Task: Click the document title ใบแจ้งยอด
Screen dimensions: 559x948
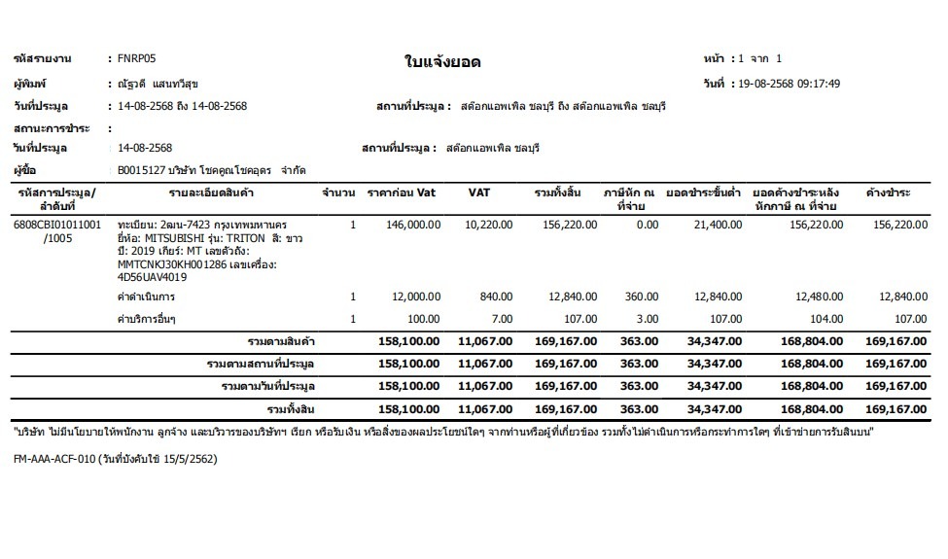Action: pyautogui.click(x=442, y=63)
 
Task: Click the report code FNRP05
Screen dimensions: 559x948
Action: pyautogui.click(x=136, y=58)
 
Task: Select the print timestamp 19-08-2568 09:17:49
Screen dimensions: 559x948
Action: pyautogui.click(x=790, y=84)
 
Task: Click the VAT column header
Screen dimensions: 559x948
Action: pyautogui.click(x=478, y=192)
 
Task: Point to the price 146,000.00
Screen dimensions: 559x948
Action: pyautogui.click(x=413, y=224)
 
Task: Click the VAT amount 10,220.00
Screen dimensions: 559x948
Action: pyautogui.click(x=490, y=224)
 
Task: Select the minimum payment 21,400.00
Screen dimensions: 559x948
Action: pyautogui.click(x=717, y=224)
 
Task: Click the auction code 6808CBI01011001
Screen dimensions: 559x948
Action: pyautogui.click(x=57, y=224)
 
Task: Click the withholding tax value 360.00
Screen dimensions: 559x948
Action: pyautogui.click(x=642, y=297)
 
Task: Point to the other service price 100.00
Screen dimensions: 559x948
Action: pyautogui.click(x=424, y=319)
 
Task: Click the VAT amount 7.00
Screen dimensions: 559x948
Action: pyautogui.click(x=502, y=319)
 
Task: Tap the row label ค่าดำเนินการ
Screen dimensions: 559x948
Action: pyautogui.click(x=146, y=297)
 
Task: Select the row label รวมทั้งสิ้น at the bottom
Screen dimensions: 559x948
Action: pyautogui.click(x=293, y=409)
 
